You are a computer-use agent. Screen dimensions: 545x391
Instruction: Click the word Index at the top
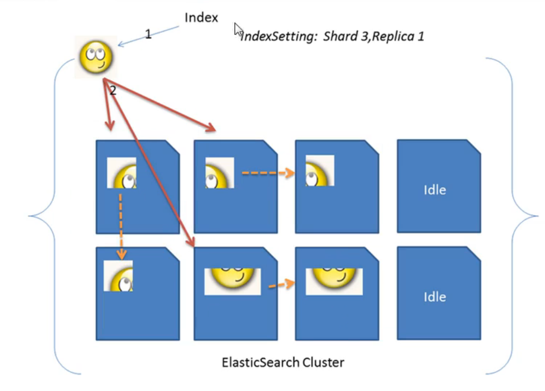[x=201, y=17]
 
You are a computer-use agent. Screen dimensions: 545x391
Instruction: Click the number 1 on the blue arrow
[x=148, y=34]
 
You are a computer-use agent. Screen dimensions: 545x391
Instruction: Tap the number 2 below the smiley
[x=113, y=90]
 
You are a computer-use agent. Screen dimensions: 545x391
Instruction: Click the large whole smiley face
[x=96, y=56]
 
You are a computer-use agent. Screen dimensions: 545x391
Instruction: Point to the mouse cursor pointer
[x=238, y=30]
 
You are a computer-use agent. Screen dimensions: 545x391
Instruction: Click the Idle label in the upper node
[x=435, y=190]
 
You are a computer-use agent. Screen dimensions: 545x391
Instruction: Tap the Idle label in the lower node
[x=435, y=297]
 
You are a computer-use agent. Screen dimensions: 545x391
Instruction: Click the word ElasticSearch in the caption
[x=260, y=362]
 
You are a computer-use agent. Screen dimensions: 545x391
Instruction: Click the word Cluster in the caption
[x=323, y=362]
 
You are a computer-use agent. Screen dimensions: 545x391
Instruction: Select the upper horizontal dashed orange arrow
[x=268, y=173]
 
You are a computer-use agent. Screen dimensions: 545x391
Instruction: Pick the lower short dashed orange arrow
[x=282, y=285]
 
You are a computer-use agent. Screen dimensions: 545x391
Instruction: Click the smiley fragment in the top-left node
[x=122, y=173]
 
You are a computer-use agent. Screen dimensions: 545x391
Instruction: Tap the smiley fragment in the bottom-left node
[x=118, y=276]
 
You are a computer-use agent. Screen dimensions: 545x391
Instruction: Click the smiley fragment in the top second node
[x=220, y=173]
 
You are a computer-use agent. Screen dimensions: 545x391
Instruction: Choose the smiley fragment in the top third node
[x=320, y=171]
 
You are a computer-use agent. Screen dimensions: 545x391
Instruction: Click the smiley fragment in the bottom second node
[x=232, y=281]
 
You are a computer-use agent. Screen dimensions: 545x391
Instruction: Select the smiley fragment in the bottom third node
[x=334, y=281]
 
